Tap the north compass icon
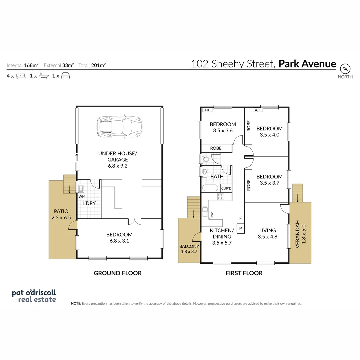(345, 69)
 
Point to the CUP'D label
(226, 188)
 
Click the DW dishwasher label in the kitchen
(212, 215)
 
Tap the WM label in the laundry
(82, 197)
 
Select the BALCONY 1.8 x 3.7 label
(189, 249)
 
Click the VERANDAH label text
(297, 236)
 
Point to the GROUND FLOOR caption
(118, 273)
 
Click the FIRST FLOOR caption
(244, 273)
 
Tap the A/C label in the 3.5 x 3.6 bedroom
(207, 110)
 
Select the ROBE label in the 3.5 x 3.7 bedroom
(248, 185)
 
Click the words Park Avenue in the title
(307, 64)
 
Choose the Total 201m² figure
(92, 65)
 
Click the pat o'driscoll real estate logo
(34, 296)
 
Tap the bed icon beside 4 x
(21, 76)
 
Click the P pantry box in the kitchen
(240, 229)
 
